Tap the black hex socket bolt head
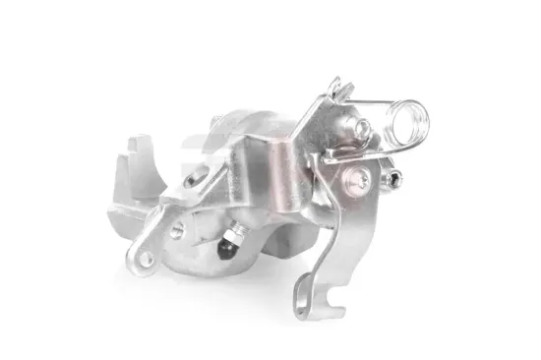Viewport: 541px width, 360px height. (x=394, y=179)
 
